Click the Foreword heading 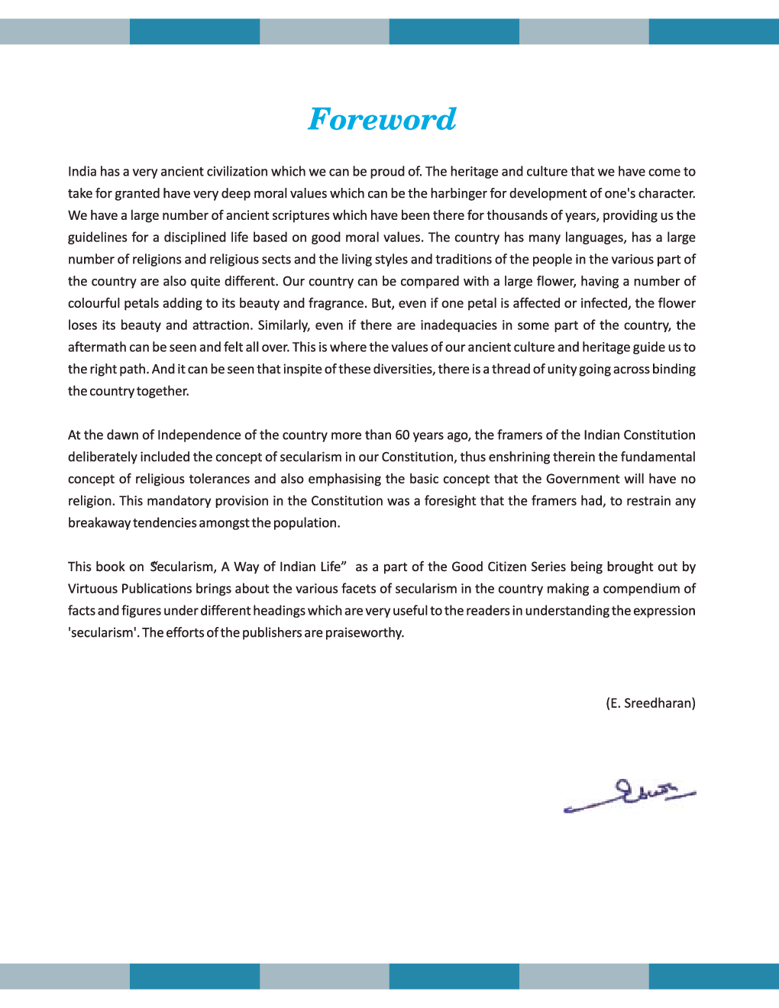pos(382,119)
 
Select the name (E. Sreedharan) pos(650,703)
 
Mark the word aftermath pos(97,347)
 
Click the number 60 pos(402,435)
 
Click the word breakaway pos(99,523)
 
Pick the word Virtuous pos(92,589)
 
